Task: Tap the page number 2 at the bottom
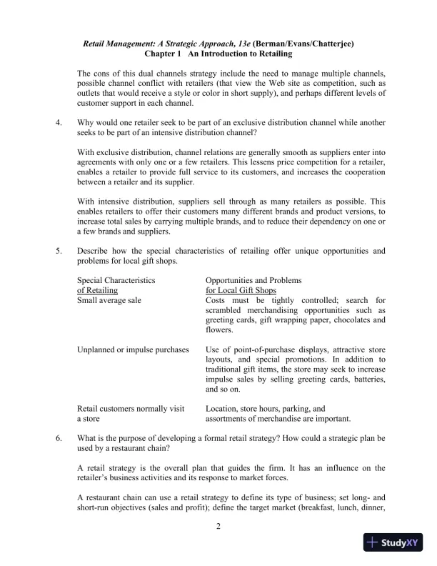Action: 219,527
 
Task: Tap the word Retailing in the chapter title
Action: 271,54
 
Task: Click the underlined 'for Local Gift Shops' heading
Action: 241,290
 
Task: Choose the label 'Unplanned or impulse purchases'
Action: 132,349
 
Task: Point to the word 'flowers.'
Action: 219,330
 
